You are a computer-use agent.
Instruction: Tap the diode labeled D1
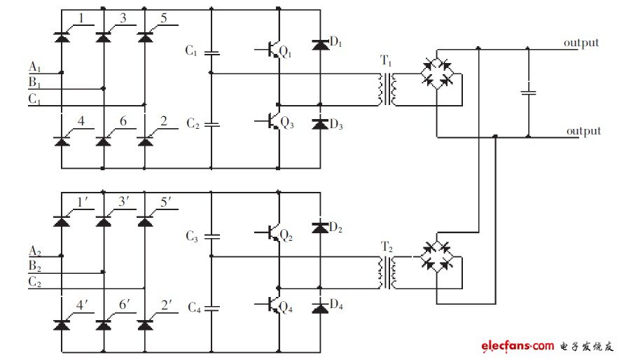coord(320,46)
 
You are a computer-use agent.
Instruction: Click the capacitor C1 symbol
coord(211,53)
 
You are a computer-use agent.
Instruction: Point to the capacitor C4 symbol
coord(211,307)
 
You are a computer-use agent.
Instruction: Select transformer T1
coord(387,90)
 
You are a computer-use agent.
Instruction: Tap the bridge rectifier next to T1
coord(436,74)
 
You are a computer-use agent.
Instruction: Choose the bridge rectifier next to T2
coord(436,255)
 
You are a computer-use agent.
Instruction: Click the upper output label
coord(581,43)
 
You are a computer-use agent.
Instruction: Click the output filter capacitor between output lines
coord(529,92)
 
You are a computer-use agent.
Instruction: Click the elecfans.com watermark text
coord(517,346)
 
